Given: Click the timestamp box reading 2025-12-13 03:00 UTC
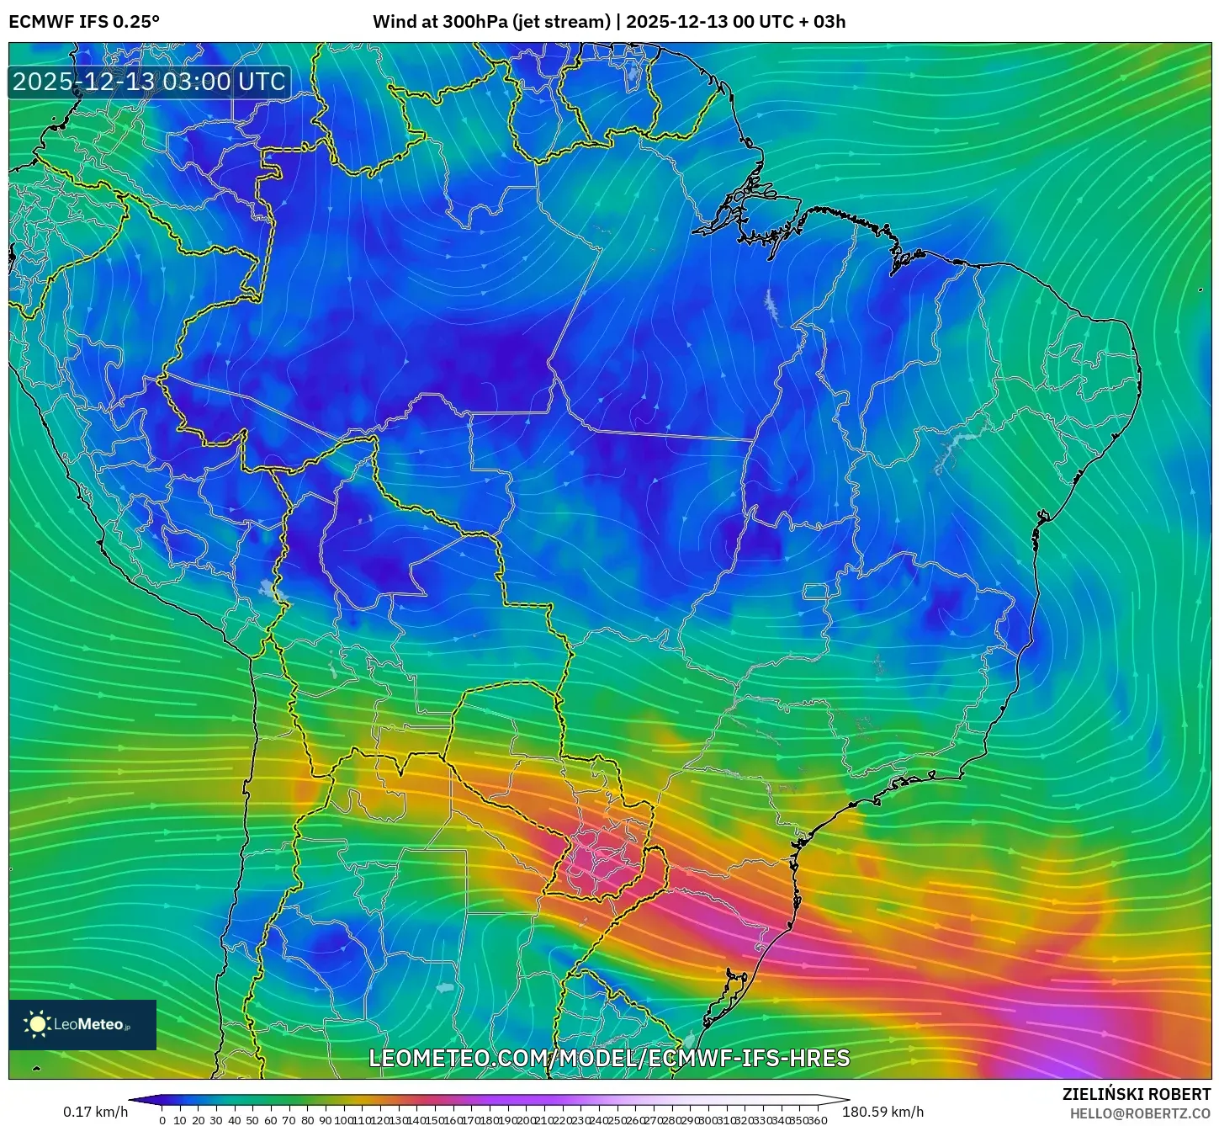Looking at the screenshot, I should (x=150, y=82).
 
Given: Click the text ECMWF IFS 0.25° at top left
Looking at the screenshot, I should (x=84, y=22).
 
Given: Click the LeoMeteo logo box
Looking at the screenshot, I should (x=82, y=1024).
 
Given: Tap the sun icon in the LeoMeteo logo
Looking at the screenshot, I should (x=37, y=1024).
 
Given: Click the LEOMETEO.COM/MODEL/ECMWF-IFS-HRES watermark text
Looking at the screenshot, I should (x=609, y=1058).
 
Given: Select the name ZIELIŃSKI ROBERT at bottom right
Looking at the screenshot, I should (x=1137, y=1094).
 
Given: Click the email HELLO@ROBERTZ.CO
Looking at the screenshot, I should (x=1140, y=1113).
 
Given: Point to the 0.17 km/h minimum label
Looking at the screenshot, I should (x=96, y=1113).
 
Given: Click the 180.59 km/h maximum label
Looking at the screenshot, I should (x=882, y=1113).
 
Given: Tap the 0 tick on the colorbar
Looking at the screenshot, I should (x=162, y=1120).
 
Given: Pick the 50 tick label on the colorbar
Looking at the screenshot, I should (x=252, y=1120).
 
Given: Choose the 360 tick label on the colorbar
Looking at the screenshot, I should (x=819, y=1120).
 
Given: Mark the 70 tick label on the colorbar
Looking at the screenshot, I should (x=289, y=1120).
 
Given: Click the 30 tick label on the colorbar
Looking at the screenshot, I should (x=216, y=1120).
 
